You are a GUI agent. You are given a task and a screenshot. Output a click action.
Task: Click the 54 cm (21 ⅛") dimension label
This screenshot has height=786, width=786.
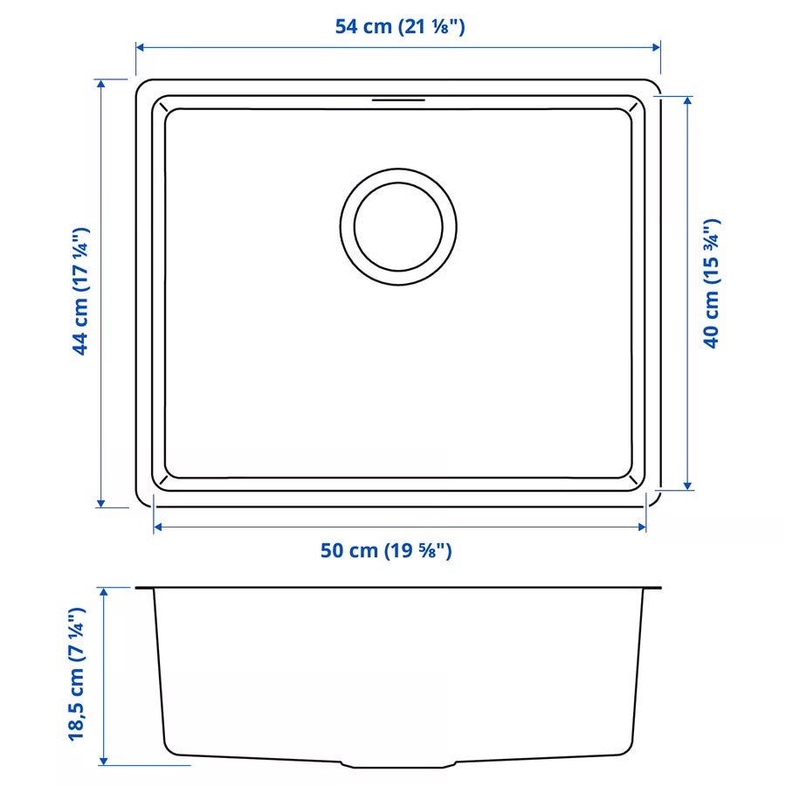tap(399, 26)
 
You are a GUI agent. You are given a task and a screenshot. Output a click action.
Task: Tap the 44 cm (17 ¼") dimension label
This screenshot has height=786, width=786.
tap(80, 291)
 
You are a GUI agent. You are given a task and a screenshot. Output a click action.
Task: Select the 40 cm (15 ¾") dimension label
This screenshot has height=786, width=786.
tap(712, 283)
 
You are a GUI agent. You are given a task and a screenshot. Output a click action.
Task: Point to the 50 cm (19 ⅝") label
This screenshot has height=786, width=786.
tap(386, 550)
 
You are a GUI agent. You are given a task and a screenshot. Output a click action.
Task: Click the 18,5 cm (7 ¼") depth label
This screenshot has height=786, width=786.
tap(77, 674)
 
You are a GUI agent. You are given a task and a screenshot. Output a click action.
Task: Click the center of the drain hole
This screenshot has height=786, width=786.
tap(398, 226)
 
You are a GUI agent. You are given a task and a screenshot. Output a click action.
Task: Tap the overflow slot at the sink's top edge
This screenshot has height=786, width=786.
tap(398, 100)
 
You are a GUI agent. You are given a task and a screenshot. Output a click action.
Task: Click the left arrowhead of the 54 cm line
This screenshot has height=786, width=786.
tap(141, 47)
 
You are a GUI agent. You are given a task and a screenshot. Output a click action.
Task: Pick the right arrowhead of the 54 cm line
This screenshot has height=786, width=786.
tap(656, 47)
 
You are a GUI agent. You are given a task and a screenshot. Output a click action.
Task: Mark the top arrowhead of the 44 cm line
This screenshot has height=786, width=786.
tap(101, 84)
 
